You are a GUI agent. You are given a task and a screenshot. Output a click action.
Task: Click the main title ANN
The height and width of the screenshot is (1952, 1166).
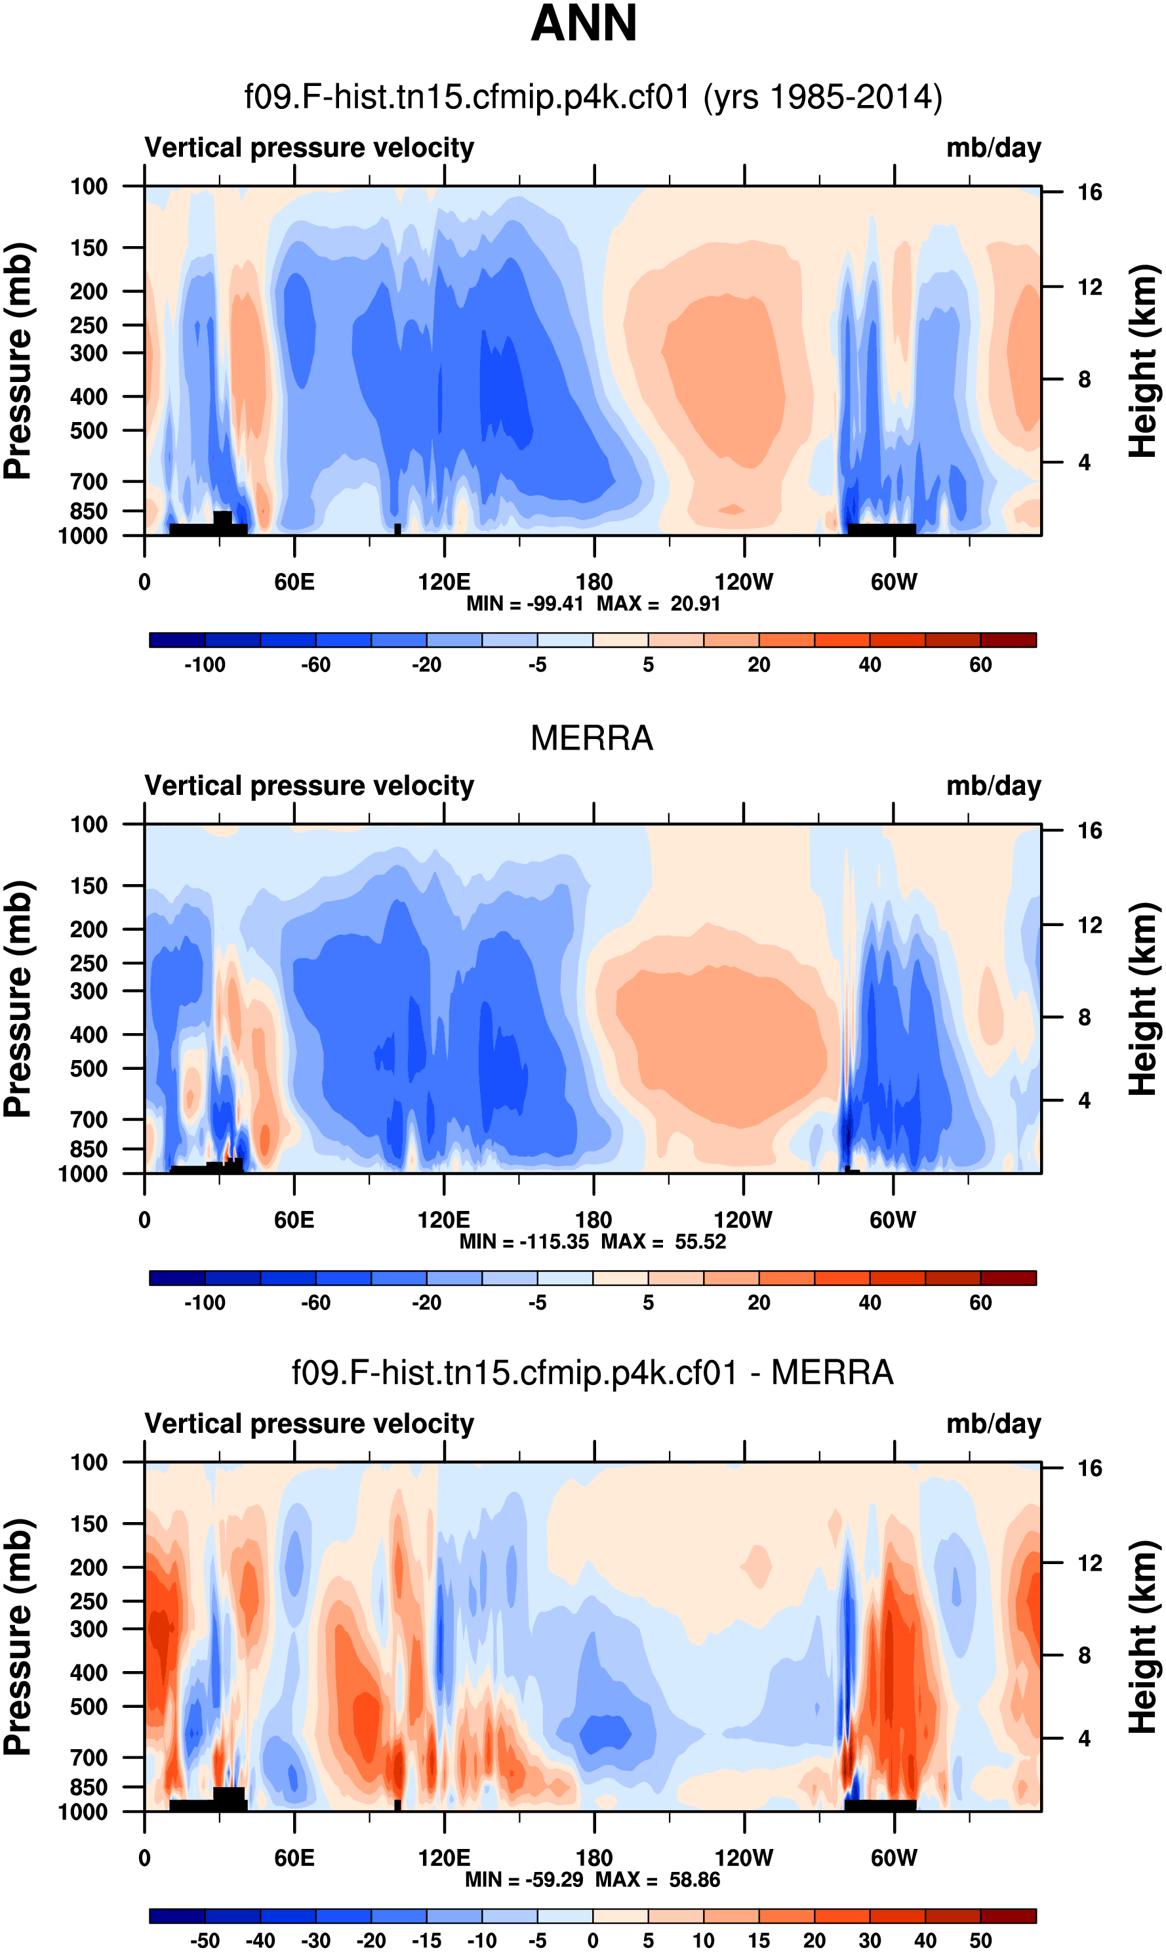pyautogui.click(x=584, y=24)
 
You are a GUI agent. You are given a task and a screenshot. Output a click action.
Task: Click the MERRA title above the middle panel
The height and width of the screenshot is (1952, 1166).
pyautogui.click(x=592, y=738)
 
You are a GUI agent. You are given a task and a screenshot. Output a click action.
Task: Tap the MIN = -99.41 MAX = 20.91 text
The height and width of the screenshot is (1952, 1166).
pyautogui.click(x=593, y=604)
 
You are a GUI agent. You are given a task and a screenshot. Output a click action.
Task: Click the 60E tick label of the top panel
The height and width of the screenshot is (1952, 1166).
pyautogui.click(x=294, y=583)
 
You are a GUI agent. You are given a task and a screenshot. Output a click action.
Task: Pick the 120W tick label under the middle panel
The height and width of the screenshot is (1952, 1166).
pyautogui.click(x=742, y=1220)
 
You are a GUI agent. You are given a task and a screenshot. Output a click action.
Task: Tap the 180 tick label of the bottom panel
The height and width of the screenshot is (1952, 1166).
pyautogui.click(x=594, y=1857)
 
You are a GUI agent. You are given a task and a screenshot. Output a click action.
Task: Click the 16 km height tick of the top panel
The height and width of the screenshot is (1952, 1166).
pyautogui.click(x=1090, y=192)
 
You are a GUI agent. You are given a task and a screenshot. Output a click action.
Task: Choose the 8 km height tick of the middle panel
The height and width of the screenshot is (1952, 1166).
pyautogui.click(x=1084, y=1017)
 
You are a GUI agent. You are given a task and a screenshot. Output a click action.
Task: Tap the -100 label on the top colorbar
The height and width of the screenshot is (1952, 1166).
pyautogui.click(x=205, y=665)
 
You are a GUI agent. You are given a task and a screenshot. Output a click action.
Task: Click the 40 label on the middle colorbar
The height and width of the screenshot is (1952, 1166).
pyautogui.click(x=870, y=1303)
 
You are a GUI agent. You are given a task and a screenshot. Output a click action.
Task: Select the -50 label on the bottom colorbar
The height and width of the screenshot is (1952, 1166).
pyautogui.click(x=205, y=1940)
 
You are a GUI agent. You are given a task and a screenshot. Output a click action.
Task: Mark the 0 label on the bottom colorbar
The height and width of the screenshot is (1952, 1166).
pyautogui.click(x=593, y=1940)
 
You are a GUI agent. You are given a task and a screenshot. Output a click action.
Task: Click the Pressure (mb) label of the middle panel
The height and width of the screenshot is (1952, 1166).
pyautogui.click(x=17, y=998)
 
